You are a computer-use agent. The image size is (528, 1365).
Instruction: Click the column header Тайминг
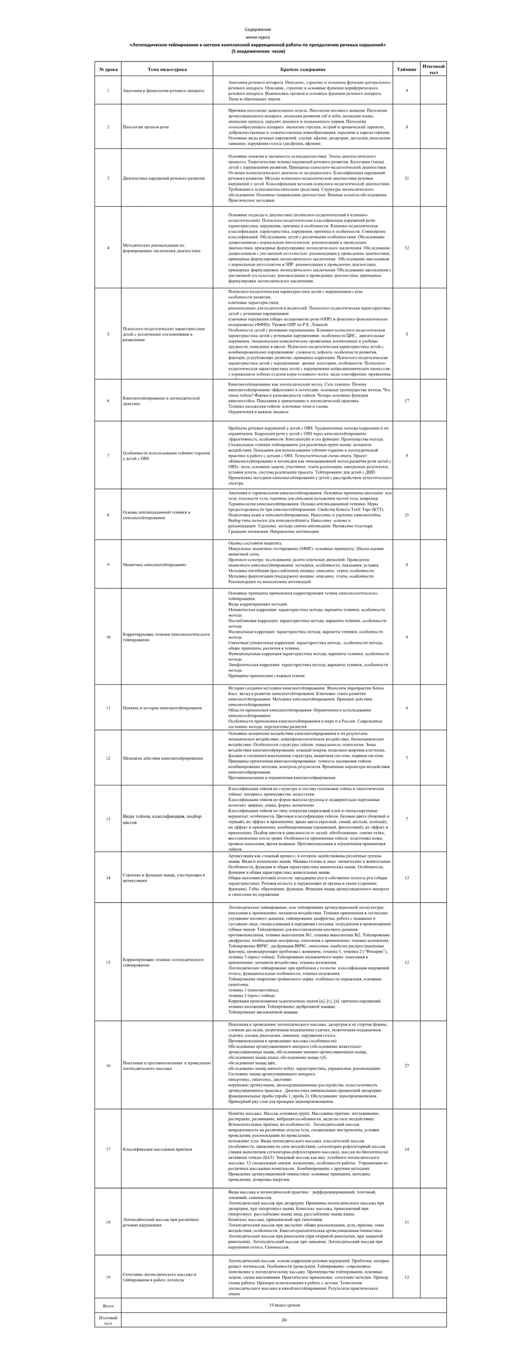[407, 69]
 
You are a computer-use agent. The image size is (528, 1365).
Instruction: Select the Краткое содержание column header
[303, 69]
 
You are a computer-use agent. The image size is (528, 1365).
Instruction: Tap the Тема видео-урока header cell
[167, 69]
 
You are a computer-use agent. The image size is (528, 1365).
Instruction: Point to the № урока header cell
[108, 69]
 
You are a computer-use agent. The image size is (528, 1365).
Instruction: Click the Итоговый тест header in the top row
[433, 69]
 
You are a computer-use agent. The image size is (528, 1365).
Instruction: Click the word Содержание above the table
[258, 29]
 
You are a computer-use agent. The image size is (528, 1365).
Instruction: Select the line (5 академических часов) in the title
[258, 51]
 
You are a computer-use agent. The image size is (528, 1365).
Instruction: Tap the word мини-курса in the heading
[258, 37]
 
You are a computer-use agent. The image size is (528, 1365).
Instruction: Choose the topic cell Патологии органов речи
[146, 127]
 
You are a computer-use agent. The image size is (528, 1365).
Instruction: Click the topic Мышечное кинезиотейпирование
[154, 565]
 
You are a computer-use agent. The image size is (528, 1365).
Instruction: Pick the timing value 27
[407, 1066]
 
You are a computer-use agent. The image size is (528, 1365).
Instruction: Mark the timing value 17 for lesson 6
[407, 400]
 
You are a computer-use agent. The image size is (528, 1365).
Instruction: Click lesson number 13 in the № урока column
[108, 819]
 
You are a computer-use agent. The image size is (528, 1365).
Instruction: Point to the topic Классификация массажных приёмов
[157, 1150]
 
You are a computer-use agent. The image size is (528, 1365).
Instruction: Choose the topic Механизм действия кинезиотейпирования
[163, 758]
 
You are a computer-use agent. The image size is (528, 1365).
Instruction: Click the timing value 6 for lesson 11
[407, 708]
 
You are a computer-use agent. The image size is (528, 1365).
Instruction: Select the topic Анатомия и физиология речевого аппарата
[163, 91]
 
